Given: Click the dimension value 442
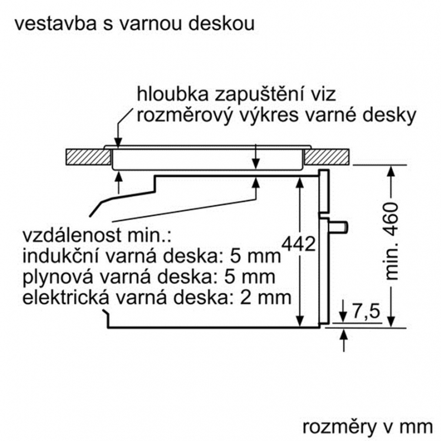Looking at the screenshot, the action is click(x=299, y=243).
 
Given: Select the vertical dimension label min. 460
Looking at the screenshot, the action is click(x=391, y=241).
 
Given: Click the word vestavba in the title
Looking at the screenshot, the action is click(x=56, y=23).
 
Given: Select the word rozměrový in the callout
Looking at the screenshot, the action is click(x=185, y=115).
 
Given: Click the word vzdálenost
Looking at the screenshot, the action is click(x=72, y=235).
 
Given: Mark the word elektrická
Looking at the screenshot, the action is click(x=65, y=298).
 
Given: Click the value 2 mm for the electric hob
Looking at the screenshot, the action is click(x=266, y=298).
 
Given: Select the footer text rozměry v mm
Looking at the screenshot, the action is click(x=367, y=427).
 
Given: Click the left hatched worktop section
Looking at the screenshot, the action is click(x=88, y=156).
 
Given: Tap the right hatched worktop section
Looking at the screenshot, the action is click(x=327, y=156).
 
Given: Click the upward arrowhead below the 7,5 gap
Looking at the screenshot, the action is click(x=344, y=335).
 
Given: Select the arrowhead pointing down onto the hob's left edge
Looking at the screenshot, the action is click(x=119, y=143).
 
